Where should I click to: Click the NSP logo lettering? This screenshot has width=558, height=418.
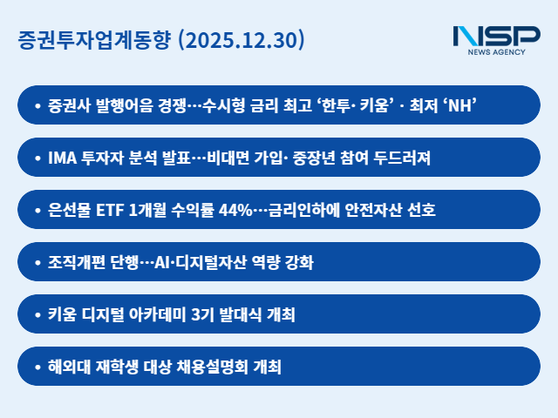[496, 37]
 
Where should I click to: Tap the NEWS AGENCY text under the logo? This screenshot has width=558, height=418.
[496, 54]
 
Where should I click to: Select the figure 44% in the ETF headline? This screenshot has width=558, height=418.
[230, 210]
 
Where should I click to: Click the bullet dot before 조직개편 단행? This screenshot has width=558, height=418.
[37, 262]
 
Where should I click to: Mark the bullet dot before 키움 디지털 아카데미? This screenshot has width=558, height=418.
[37, 314]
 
